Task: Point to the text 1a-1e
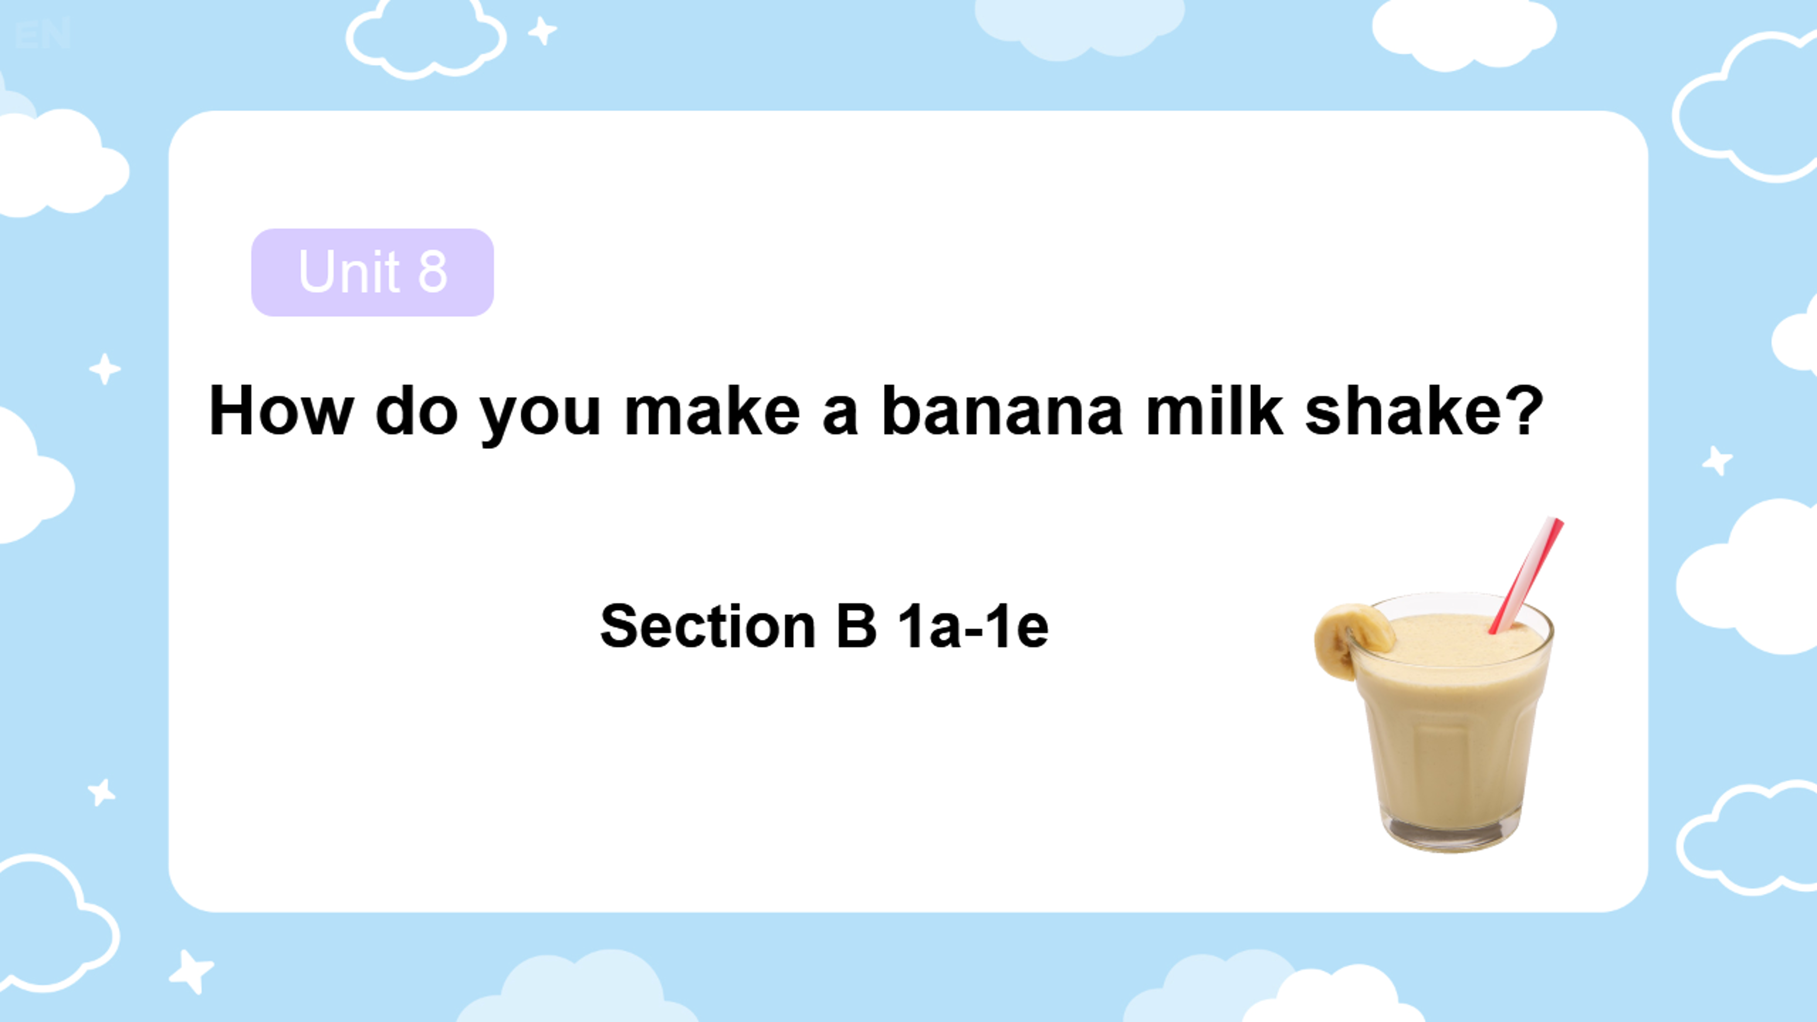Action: coord(973,626)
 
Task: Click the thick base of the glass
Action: coord(1452,832)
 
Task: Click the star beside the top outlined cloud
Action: coord(542,30)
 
